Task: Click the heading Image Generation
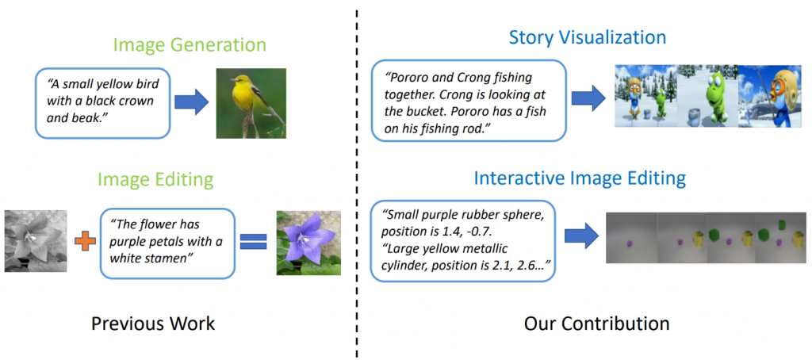coord(190,45)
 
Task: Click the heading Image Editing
coord(155,180)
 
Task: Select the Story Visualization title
coord(588,37)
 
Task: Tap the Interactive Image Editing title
coord(580,178)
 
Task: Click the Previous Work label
coord(153,324)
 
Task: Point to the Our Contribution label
coord(596,324)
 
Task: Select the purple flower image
coord(308,242)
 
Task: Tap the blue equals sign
coord(251,241)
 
